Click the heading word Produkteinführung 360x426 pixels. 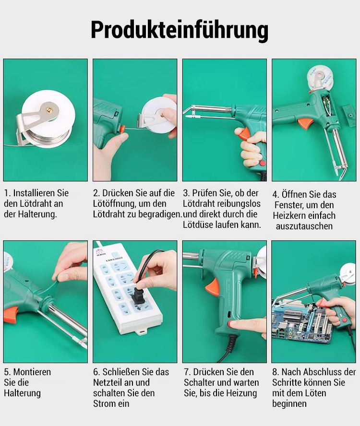(x=180, y=30)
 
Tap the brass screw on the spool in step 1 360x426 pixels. (x=49, y=109)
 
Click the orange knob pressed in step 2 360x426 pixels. (x=122, y=129)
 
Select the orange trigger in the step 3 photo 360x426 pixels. (x=243, y=134)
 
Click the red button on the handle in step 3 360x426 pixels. (x=263, y=163)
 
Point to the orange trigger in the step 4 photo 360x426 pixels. (x=305, y=124)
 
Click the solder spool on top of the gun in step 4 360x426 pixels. (x=320, y=78)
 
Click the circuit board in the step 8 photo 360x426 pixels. (x=300, y=320)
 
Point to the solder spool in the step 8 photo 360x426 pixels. (x=347, y=274)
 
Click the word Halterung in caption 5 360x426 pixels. (x=22, y=393)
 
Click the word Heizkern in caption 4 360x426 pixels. (x=291, y=216)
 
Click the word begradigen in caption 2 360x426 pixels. (x=160, y=214)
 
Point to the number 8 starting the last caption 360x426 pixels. (x=275, y=372)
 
